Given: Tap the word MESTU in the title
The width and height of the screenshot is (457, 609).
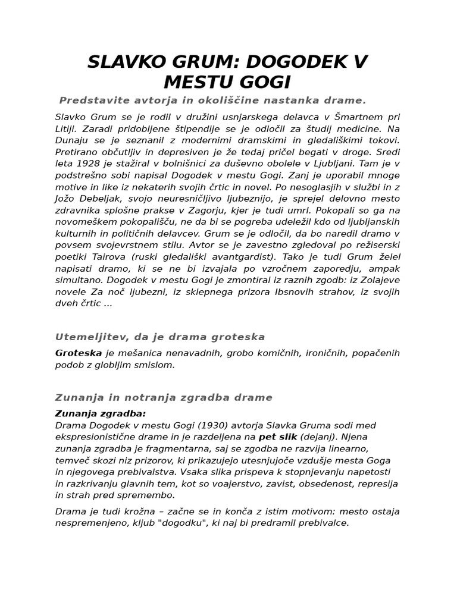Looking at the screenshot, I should (205, 82).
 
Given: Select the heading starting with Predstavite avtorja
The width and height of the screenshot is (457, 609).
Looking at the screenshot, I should (212, 100).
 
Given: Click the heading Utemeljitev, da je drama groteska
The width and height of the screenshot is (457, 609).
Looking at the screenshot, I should (159, 337).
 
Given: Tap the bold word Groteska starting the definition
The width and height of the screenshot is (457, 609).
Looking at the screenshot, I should (78, 353).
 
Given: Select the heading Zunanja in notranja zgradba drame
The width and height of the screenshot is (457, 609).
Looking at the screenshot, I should (164, 397).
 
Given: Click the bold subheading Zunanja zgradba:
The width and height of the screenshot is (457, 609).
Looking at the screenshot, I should (101, 413).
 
